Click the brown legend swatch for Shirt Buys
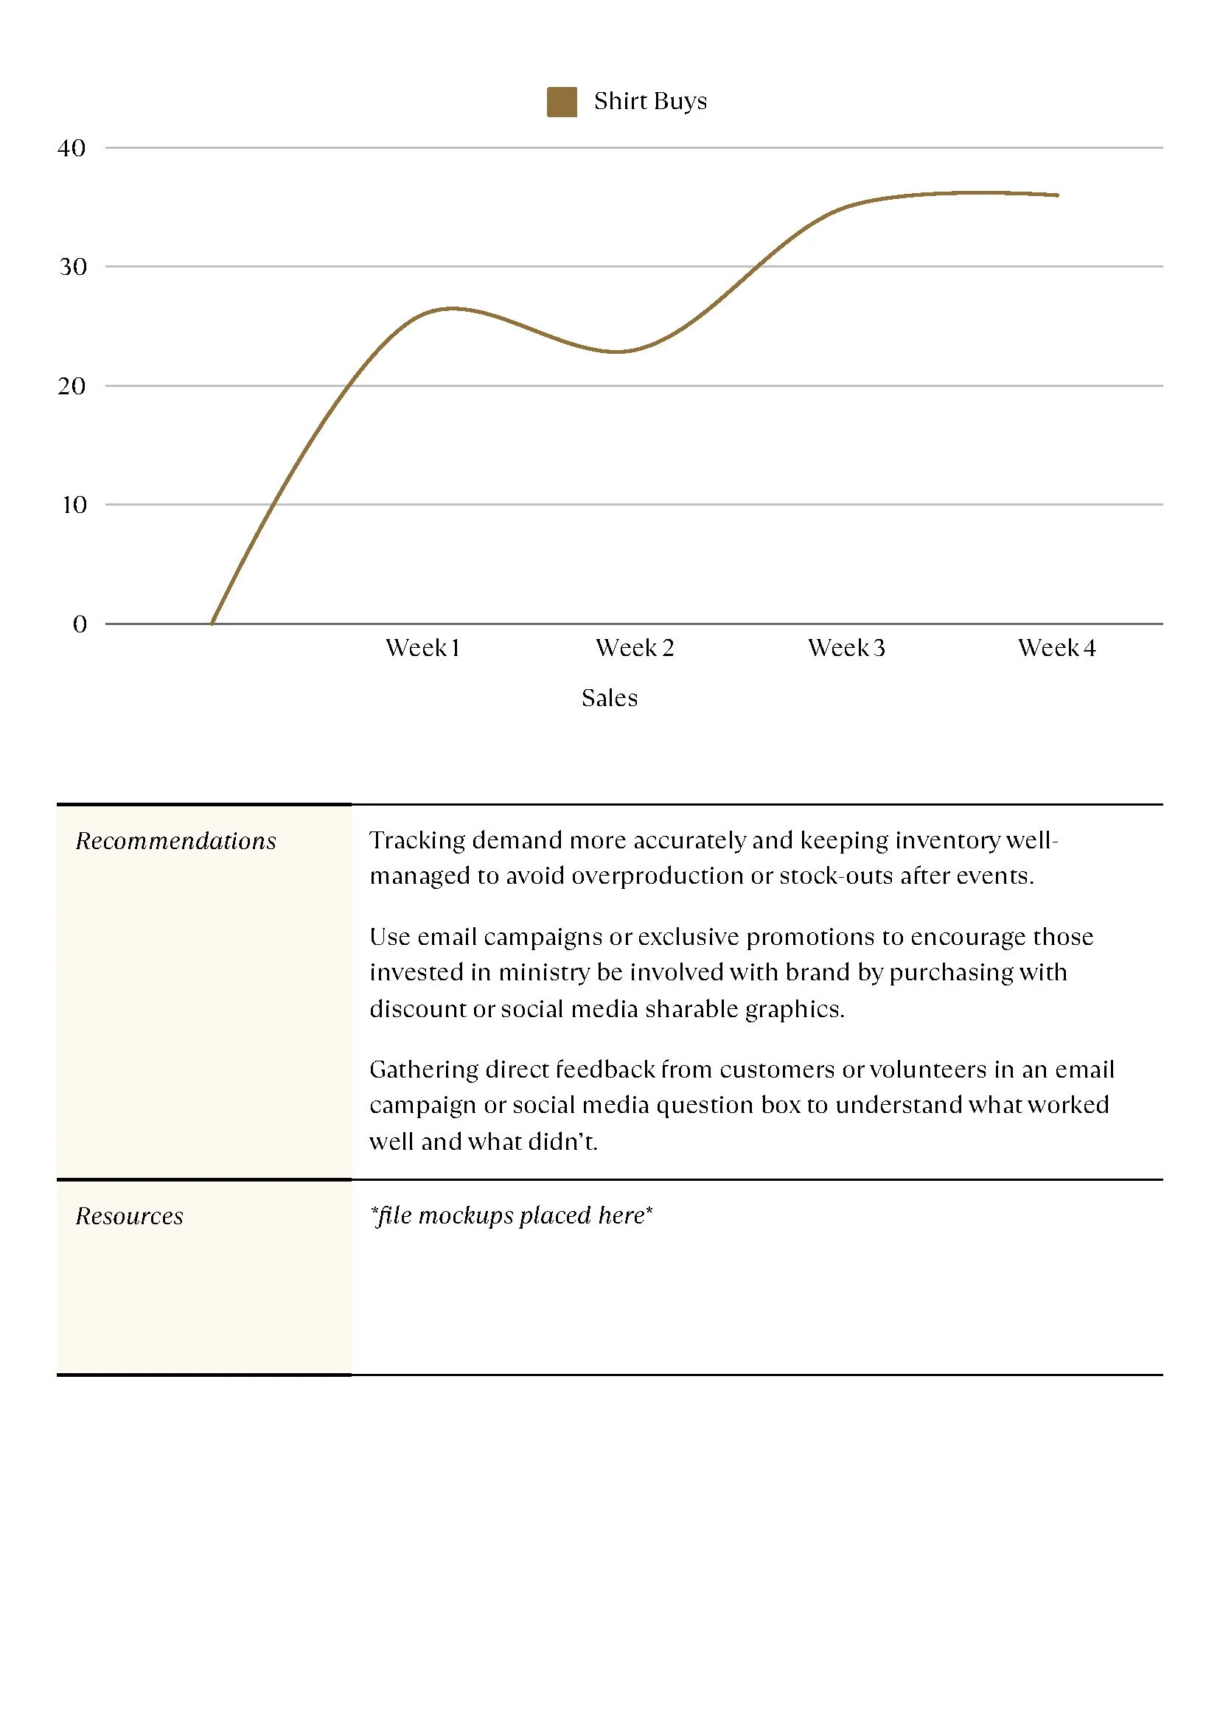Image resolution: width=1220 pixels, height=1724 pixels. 561,102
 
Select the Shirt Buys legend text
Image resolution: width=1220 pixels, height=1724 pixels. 650,102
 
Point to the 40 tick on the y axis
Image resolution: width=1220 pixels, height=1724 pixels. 72,148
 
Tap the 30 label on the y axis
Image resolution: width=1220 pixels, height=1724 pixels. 73,267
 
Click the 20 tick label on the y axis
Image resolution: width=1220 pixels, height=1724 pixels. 72,386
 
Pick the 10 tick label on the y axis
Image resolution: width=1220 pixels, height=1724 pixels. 74,505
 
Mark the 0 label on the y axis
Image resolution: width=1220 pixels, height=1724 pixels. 80,624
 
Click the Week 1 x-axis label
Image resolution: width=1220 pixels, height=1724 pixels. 422,648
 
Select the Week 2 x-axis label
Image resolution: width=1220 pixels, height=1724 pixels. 635,648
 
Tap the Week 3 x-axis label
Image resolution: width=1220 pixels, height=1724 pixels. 847,648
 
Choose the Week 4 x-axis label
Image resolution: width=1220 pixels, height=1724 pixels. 1057,648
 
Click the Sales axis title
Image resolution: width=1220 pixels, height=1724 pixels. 609,698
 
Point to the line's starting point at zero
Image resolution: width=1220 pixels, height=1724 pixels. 212,623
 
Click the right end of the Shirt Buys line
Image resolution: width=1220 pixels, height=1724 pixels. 1057,195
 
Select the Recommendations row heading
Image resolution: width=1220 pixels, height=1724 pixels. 175,840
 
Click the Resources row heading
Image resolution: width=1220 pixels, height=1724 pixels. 129,1216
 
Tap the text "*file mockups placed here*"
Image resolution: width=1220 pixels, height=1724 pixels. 511,1215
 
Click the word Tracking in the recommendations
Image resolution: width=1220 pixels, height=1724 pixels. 417,840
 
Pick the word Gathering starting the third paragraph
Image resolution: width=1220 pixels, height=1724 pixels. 424,1069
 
